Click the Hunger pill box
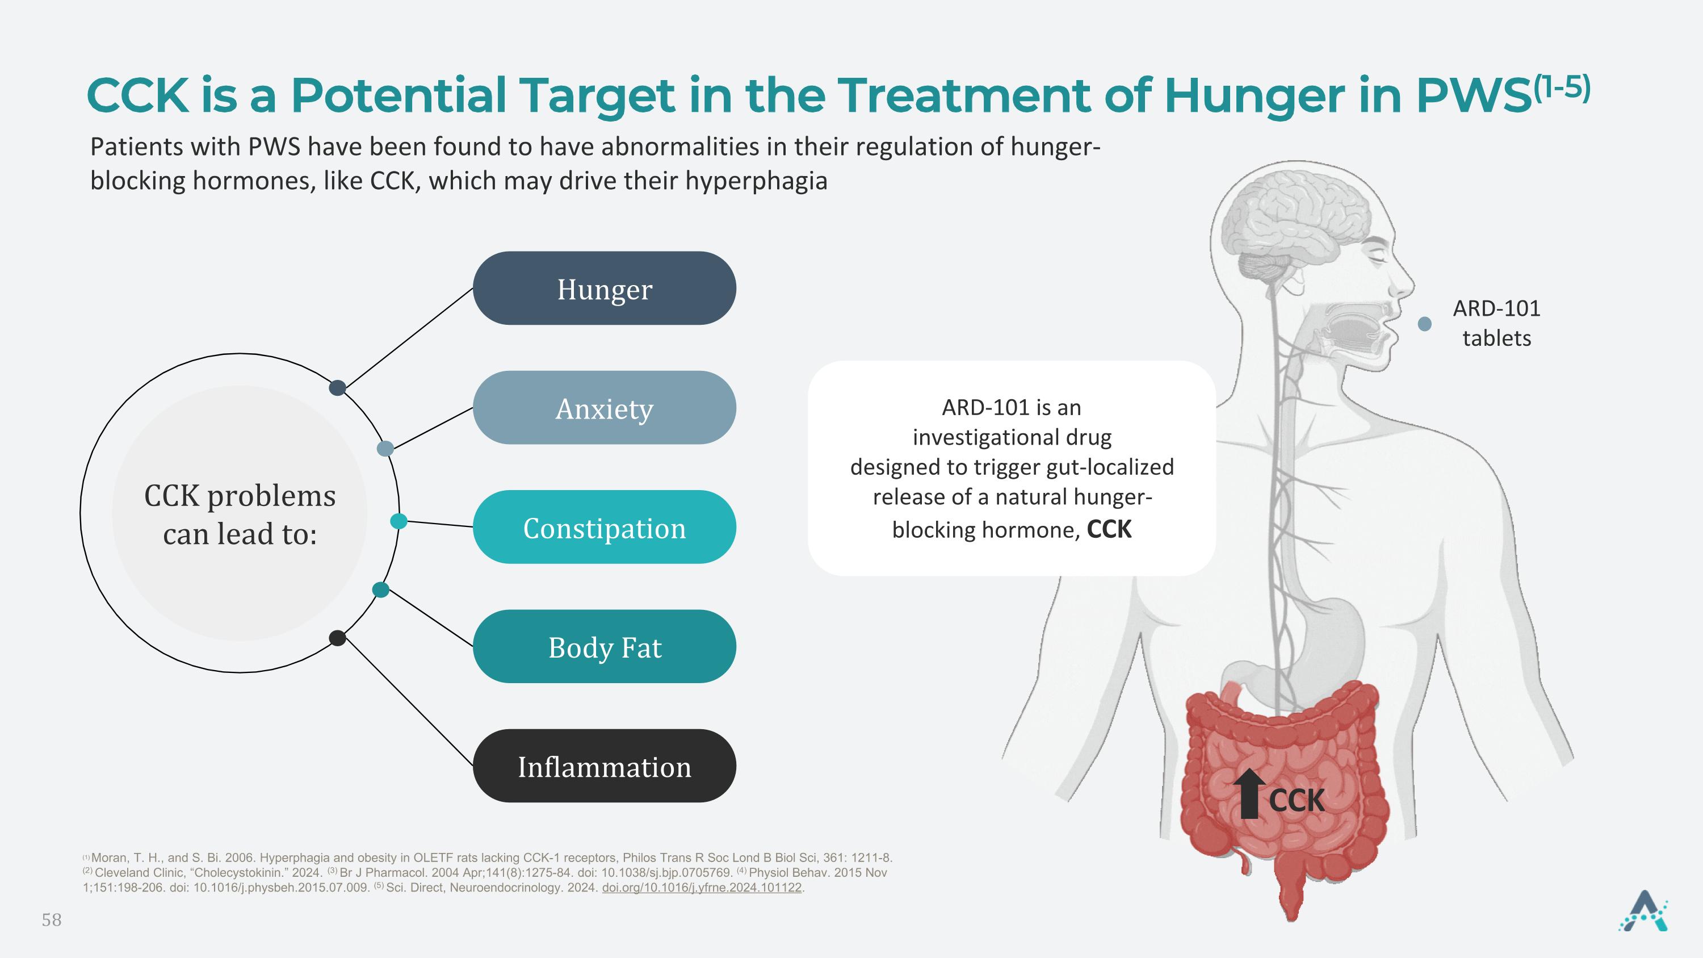pos(604,288)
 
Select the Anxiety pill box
pos(604,407)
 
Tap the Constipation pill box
pos(604,527)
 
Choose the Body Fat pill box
pos(604,647)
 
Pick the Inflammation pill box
pos(604,765)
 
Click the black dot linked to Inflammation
pos(337,638)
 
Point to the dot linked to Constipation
pos(399,521)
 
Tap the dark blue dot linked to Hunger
pos(337,388)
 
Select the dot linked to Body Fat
pos(381,590)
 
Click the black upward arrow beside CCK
pos(1249,794)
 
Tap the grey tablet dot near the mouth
pos(1425,324)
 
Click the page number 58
pos(52,919)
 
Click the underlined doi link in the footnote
pos(702,888)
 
